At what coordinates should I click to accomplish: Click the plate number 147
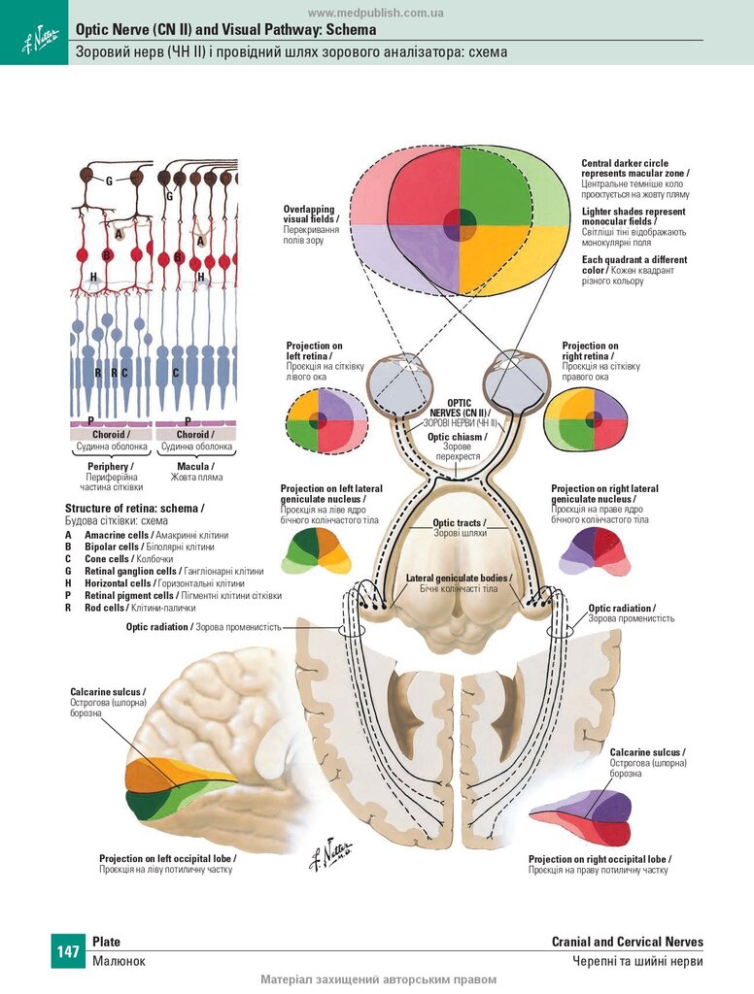[68, 951]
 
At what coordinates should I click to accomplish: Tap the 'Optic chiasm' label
[457, 437]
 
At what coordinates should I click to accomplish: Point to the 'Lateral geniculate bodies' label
[458, 579]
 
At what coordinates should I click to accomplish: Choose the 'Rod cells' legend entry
[105, 608]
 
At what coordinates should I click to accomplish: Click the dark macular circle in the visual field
[460, 225]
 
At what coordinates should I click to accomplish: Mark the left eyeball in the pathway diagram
[401, 384]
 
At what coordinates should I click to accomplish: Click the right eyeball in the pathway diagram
[516, 381]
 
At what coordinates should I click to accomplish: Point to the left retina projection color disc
[326, 421]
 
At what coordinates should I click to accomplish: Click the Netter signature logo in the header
[40, 39]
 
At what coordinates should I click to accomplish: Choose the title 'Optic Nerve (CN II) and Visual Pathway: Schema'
[226, 30]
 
